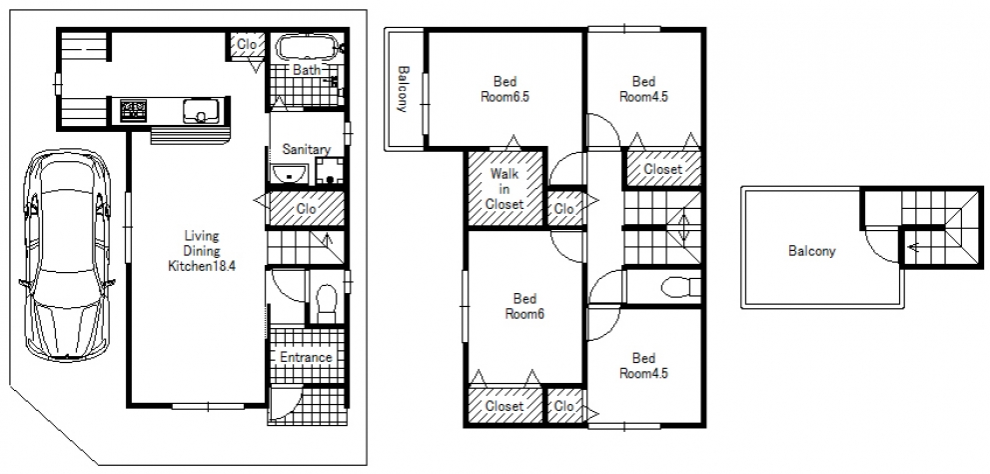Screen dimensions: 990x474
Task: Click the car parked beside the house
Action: tap(66, 255)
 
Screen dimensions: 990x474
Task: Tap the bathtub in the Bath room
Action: tap(308, 48)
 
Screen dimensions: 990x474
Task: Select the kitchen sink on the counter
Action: tap(201, 111)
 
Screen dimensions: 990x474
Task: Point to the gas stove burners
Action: tap(133, 111)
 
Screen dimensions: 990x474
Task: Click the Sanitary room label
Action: tap(307, 150)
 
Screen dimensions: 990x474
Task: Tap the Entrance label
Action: tap(307, 357)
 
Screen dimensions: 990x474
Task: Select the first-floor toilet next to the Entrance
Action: tap(326, 302)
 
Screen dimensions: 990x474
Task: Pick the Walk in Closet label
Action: tap(504, 188)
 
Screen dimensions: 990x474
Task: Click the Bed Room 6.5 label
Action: tap(504, 89)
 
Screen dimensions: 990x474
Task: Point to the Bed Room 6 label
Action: tap(524, 306)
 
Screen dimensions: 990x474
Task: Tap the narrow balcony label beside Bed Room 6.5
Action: tap(403, 88)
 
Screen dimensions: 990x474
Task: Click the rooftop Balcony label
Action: tap(812, 251)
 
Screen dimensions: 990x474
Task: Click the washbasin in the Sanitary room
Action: tap(289, 174)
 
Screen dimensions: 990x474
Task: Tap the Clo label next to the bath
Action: tap(246, 45)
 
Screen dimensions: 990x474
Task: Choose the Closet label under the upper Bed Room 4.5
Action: tap(663, 169)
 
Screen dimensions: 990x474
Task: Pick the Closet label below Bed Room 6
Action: tap(504, 406)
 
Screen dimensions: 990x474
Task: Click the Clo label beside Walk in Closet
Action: tap(563, 208)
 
